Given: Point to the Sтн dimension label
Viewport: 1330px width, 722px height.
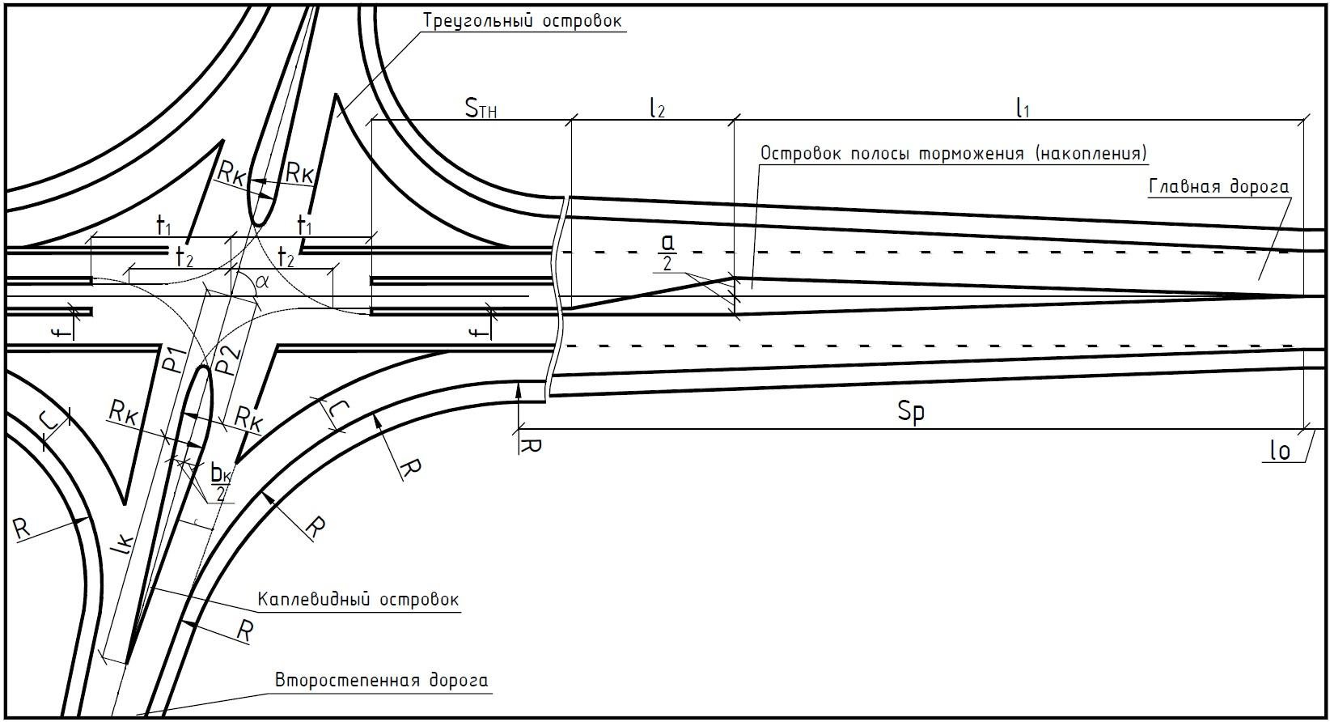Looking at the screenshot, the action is pyautogui.click(x=481, y=108).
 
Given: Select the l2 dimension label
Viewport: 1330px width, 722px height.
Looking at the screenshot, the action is pyautogui.click(x=657, y=108).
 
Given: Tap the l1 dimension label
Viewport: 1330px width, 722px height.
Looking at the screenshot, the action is pyautogui.click(x=1022, y=108).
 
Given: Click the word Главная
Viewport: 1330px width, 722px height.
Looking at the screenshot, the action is pyautogui.click(x=1184, y=187).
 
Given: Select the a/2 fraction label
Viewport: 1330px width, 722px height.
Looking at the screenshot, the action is pyautogui.click(x=668, y=253).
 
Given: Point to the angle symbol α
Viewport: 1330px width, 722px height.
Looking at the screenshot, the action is pyautogui.click(x=262, y=282).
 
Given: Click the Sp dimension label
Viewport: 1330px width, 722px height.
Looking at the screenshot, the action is pyautogui.click(x=912, y=412).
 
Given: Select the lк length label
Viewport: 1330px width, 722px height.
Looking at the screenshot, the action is pyautogui.click(x=124, y=546).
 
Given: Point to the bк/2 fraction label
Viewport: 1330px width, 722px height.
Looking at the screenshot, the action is pyautogui.click(x=221, y=482).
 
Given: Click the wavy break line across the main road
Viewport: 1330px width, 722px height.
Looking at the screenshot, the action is pyautogui.click(x=557, y=297).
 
